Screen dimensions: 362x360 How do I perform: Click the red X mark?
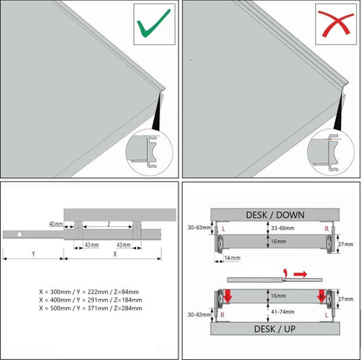tap(336, 23)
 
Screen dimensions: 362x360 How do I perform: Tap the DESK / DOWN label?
tap(275, 215)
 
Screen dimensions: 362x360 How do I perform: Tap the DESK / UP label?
tap(275, 329)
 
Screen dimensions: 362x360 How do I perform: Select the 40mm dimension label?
tap(56, 224)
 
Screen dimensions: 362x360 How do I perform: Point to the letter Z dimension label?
tap(109, 224)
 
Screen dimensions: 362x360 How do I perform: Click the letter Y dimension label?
tap(33, 254)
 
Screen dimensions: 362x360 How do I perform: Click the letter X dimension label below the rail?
tap(115, 254)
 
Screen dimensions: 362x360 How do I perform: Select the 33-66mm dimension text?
tap(282, 228)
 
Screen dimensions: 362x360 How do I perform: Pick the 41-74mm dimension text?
tap(282, 311)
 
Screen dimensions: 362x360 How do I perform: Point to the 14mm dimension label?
tap(232, 257)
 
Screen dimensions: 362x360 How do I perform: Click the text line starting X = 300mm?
tap(89, 291)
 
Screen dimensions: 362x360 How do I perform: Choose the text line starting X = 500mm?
tap(90, 308)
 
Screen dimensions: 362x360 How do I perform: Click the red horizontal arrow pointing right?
tap(300, 274)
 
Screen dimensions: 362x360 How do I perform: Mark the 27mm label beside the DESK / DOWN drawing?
tap(345, 244)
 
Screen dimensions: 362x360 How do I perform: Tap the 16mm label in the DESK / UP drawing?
tap(278, 296)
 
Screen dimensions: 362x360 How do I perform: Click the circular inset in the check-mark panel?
tap(149, 152)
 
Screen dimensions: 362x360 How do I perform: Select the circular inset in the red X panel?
tap(331, 152)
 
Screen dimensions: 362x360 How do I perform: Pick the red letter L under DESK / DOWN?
tap(224, 229)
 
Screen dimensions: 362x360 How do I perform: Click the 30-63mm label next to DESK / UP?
tap(199, 315)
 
